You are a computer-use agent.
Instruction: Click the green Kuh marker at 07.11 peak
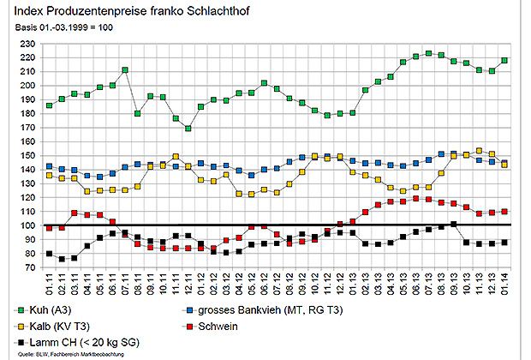point(125,69)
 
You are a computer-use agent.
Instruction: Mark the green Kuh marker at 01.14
point(504,60)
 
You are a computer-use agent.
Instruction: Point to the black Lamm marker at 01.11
point(49,254)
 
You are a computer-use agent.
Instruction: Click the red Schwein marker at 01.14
point(504,211)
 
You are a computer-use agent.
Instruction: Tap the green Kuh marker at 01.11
point(49,105)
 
